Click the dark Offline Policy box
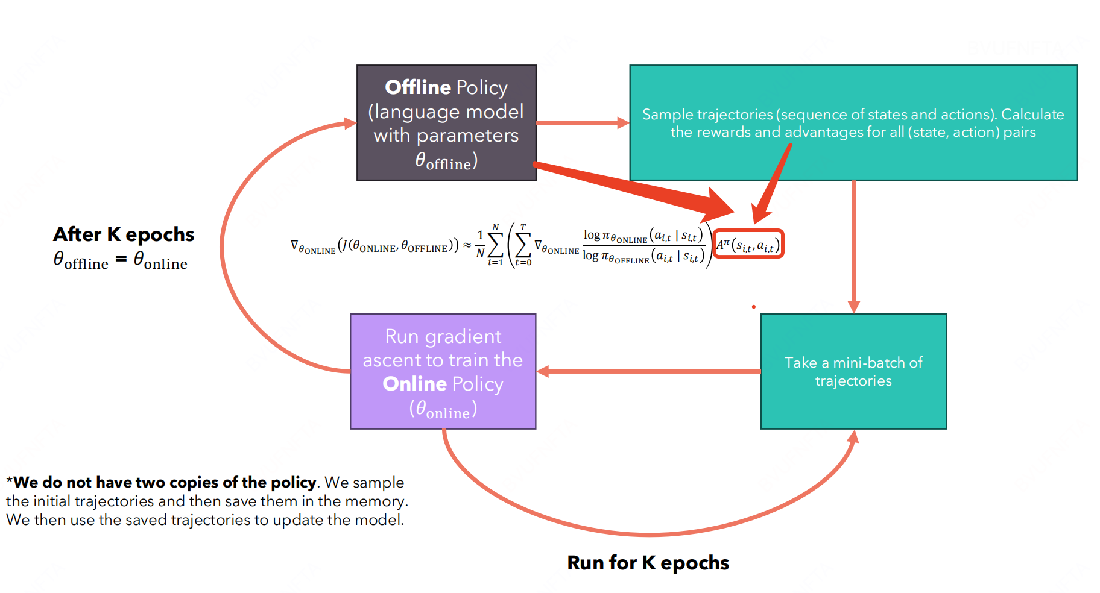click(x=446, y=122)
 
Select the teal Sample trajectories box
click(x=853, y=122)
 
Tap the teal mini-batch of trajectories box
click(x=853, y=371)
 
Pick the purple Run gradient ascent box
click(x=443, y=371)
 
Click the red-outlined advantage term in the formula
click(x=748, y=244)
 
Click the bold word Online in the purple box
click(x=414, y=384)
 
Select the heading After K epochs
click(x=124, y=234)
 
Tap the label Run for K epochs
click(x=648, y=562)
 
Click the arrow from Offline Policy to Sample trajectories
click(x=582, y=123)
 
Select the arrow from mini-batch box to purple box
click(x=648, y=371)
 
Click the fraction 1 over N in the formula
click(x=480, y=244)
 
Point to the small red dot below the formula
click(x=754, y=307)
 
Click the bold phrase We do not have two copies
click(x=165, y=482)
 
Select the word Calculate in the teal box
click(x=1032, y=114)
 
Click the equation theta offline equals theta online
click(x=121, y=260)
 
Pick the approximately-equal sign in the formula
click(x=467, y=245)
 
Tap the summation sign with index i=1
click(x=495, y=245)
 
